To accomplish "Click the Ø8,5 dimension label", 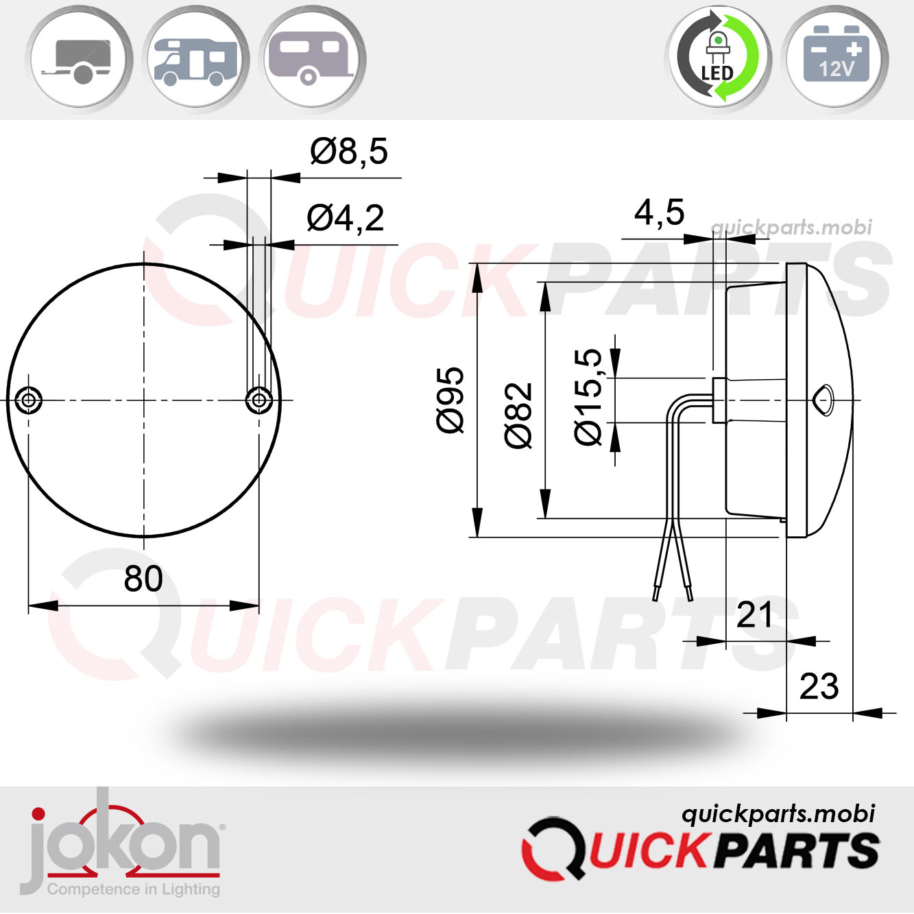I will tap(348, 152).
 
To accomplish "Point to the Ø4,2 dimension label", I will tap(345, 219).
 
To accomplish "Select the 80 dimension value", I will tap(143, 579).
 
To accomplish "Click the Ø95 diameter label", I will tap(450, 400).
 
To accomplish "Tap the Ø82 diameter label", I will tap(518, 416).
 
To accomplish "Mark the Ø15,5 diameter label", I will tap(588, 398).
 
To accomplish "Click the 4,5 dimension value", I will tap(659, 213).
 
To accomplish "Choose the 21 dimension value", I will tap(754, 615).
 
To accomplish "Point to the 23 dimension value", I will tap(819, 687).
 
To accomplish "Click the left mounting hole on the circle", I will tap(28, 400).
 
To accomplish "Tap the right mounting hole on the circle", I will tap(258, 400).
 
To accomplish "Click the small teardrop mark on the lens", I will tap(825, 399).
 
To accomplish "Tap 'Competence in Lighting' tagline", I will tap(134, 889).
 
